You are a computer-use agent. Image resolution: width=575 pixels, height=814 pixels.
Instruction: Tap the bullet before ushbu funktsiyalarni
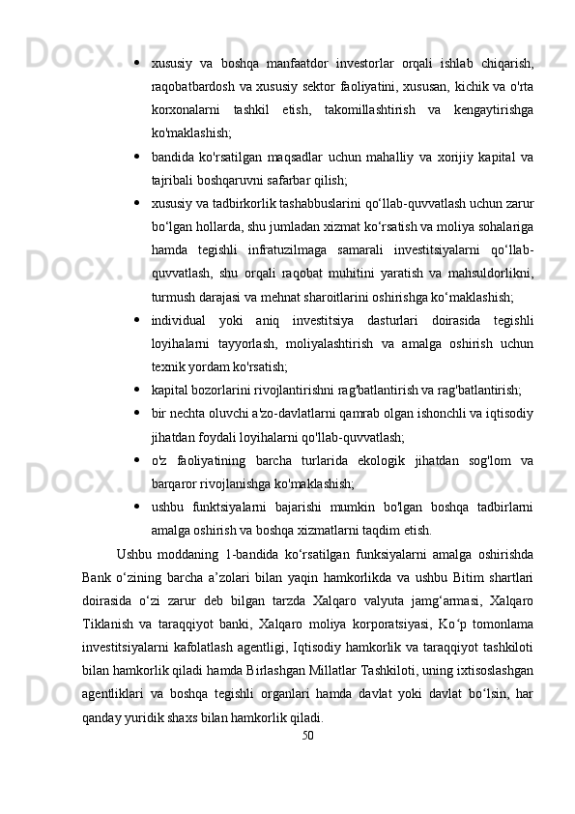139,507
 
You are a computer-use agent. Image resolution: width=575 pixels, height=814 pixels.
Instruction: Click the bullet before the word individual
139,320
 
